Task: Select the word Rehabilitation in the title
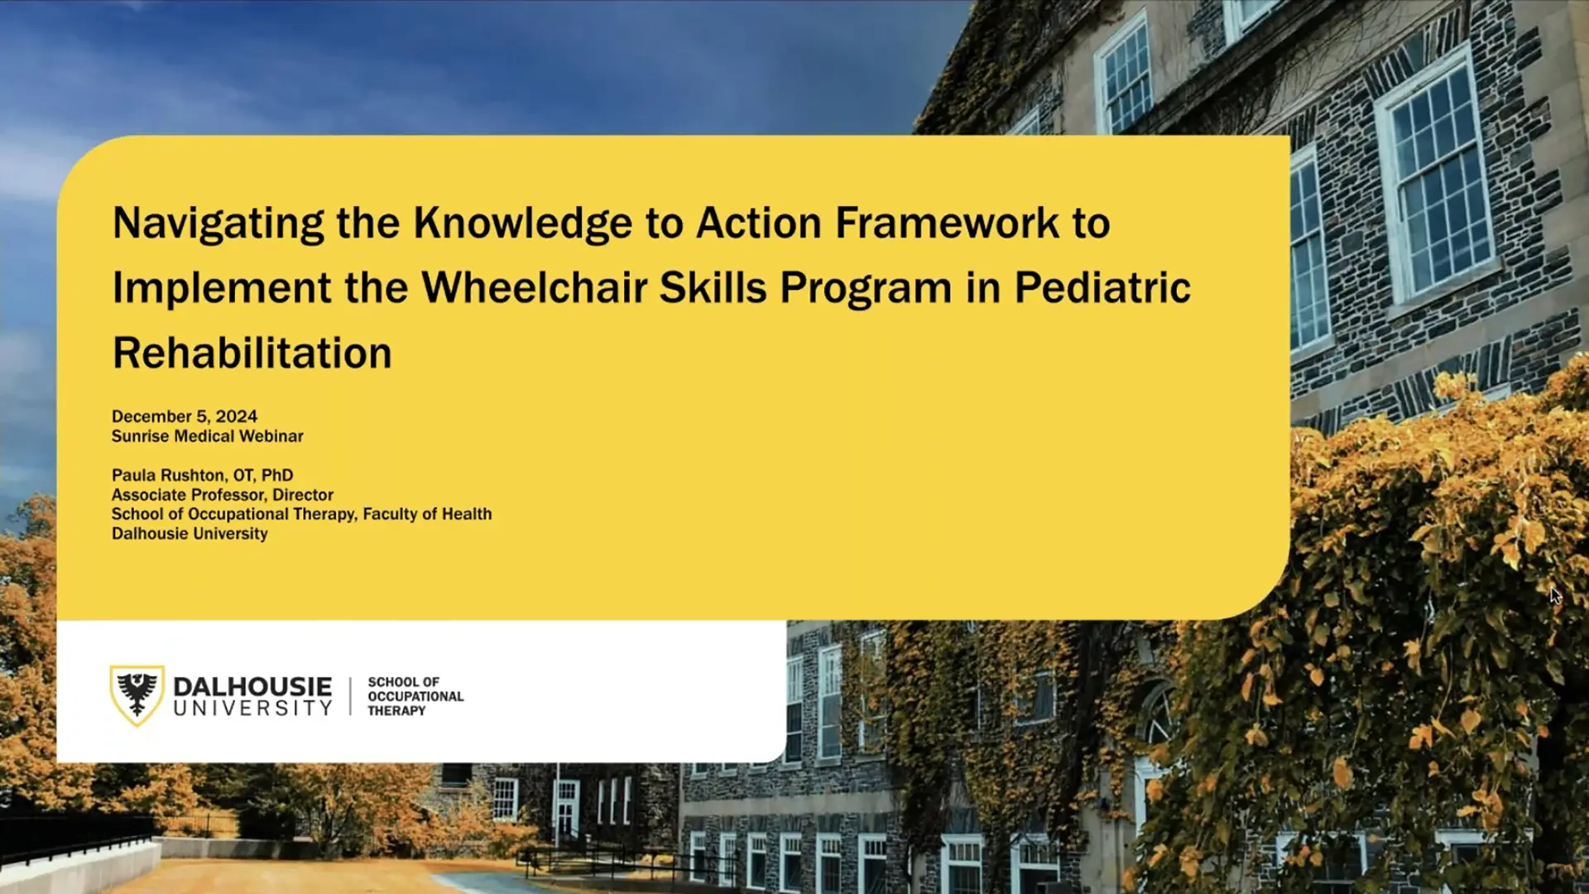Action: click(x=252, y=353)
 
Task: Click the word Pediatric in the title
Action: click(x=1102, y=288)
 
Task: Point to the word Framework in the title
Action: click(x=947, y=223)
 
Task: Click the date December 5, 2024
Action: click(x=185, y=416)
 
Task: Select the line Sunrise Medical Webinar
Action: click(x=208, y=436)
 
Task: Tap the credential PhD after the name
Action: click(x=277, y=475)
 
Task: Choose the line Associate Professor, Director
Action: click(x=223, y=495)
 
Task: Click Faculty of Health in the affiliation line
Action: click(x=427, y=514)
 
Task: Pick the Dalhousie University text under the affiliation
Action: click(x=190, y=534)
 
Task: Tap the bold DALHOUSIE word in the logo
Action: click(x=252, y=686)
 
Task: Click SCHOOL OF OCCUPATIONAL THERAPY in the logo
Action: click(x=415, y=696)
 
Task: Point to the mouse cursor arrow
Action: click(x=1554, y=595)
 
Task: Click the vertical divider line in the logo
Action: click(x=350, y=696)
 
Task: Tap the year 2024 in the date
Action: click(x=237, y=416)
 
